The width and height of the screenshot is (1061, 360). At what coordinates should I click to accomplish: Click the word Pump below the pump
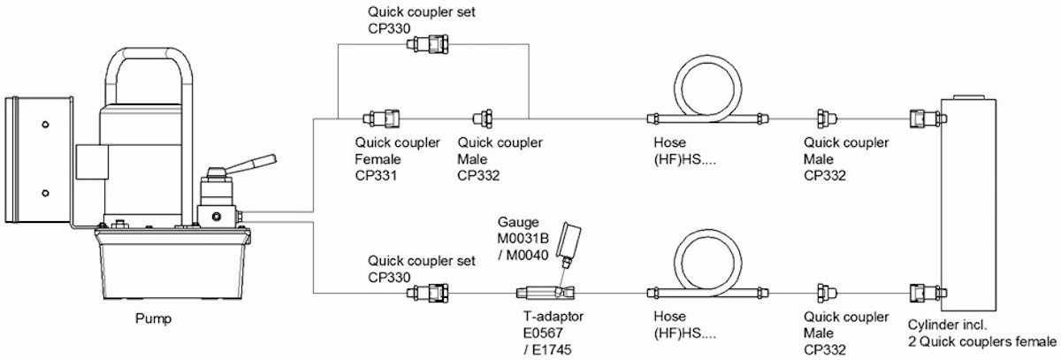pos(153,318)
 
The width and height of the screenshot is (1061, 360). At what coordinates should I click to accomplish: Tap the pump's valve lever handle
pos(250,164)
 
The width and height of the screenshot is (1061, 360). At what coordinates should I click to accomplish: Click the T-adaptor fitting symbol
pos(546,292)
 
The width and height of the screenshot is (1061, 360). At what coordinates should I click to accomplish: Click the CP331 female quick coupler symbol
pos(381,119)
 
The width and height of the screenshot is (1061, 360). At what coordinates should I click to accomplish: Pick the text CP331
pos(376,176)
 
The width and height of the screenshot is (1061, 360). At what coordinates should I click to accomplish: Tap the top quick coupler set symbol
pos(427,44)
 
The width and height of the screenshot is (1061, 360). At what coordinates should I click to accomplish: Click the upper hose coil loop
pos(707,57)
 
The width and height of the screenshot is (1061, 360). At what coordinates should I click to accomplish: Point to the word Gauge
pos(518,222)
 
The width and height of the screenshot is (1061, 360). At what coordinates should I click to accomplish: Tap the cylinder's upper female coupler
pos(927,119)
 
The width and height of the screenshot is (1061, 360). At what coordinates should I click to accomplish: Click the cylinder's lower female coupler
pos(927,293)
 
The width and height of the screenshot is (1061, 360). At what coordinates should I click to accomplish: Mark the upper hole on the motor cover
pos(45,125)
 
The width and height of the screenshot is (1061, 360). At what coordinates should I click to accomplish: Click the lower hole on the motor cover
pos(45,193)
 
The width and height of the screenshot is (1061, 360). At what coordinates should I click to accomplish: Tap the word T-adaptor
pos(553,317)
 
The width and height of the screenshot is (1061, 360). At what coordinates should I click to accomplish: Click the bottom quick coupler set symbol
pos(427,293)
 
